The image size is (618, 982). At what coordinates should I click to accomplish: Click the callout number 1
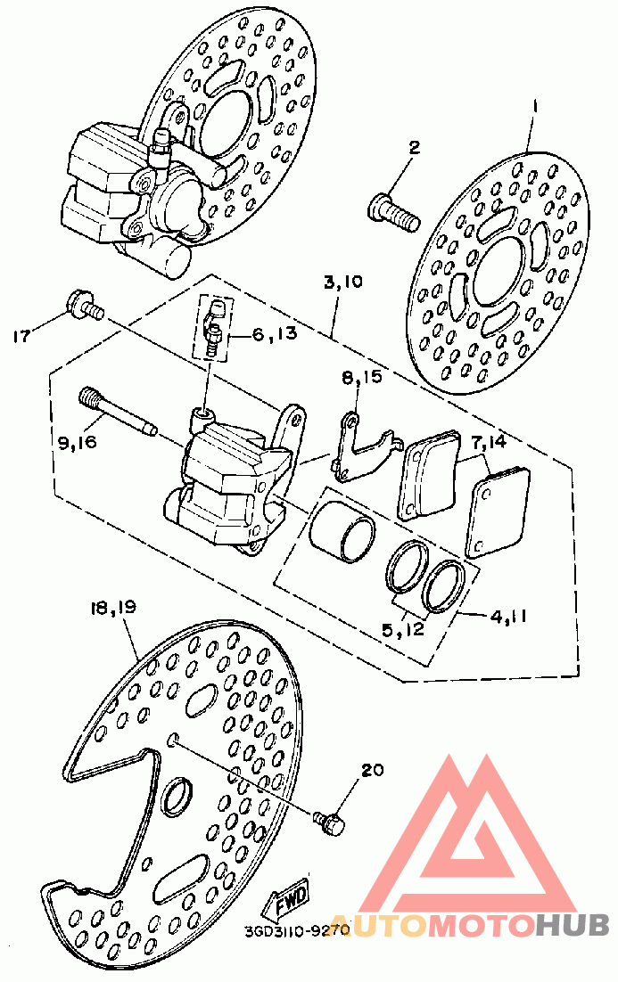pos(533,106)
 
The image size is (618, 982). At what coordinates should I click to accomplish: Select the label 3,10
pos(342,283)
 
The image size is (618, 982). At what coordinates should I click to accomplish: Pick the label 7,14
pos(489,441)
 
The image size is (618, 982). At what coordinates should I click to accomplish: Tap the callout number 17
pos(21,336)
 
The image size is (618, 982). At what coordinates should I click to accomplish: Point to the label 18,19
pos(111,609)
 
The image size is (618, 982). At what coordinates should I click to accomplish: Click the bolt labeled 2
pos(391,213)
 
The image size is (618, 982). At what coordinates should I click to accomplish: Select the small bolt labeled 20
pos(331,822)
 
